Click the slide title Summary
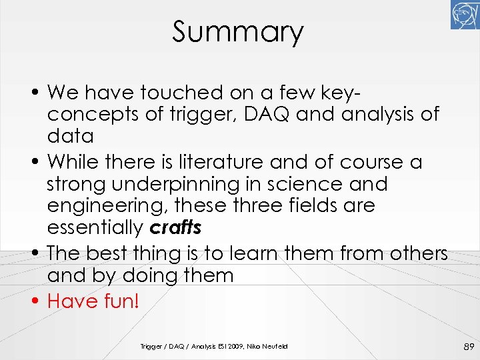click(x=237, y=32)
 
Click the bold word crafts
click(x=175, y=228)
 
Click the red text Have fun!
click(x=93, y=301)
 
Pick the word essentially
click(x=95, y=228)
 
